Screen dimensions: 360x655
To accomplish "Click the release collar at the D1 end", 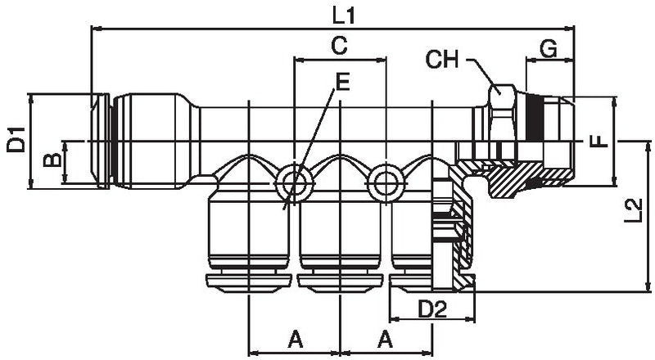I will tap(101, 141).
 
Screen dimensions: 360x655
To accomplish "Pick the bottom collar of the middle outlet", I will tap(340, 282).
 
